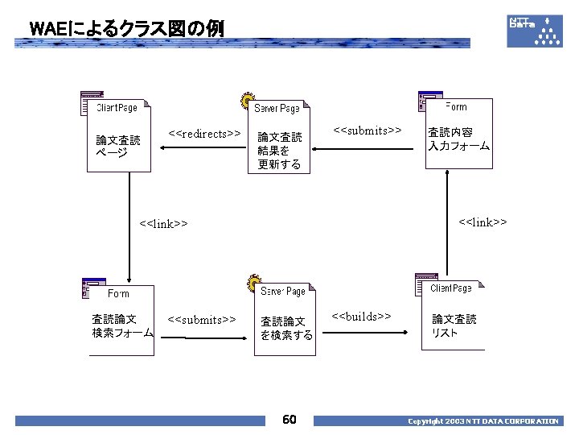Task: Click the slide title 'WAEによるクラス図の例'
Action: click(x=126, y=29)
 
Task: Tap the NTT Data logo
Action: click(x=535, y=29)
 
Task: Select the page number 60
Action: click(x=289, y=420)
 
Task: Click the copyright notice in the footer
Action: click(x=482, y=421)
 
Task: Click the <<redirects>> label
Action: click(x=205, y=133)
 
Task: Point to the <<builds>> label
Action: click(x=361, y=317)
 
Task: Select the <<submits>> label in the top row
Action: click(x=368, y=130)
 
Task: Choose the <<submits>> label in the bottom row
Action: click(x=201, y=320)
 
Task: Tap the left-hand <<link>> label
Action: click(x=163, y=223)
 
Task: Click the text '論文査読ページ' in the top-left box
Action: click(x=118, y=147)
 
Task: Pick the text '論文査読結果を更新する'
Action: click(x=280, y=151)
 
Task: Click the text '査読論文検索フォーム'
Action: click(x=122, y=325)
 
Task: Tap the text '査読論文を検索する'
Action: click(x=286, y=328)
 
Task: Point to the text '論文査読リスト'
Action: click(x=454, y=325)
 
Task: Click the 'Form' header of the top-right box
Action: click(x=457, y=106)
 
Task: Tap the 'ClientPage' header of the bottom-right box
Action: click(x=451, y=288)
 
